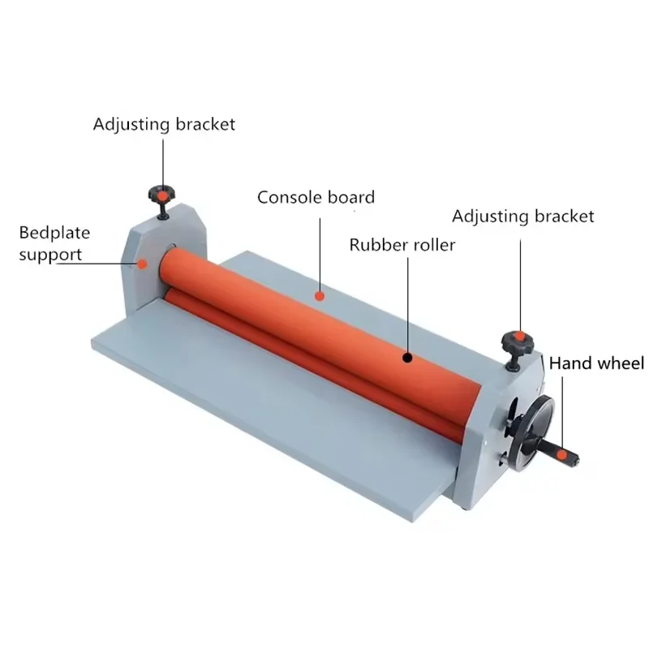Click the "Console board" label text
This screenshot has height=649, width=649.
(x=316, y=197)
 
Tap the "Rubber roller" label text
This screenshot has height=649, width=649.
(x=402, y=244)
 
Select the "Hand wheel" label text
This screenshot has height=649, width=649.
(x=597, y=363)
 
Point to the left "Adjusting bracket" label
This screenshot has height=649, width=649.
(x=164, y=124)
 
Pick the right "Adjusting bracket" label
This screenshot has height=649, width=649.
(x=523, y=217)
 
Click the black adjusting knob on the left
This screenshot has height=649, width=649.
(x=162, y=196)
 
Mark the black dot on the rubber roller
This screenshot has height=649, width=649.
(x=407, y=355)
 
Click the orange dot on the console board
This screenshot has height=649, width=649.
(x=320, y=296)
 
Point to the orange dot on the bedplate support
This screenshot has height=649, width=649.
(x=143, y=261)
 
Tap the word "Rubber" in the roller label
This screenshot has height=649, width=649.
(x=376, y=244)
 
